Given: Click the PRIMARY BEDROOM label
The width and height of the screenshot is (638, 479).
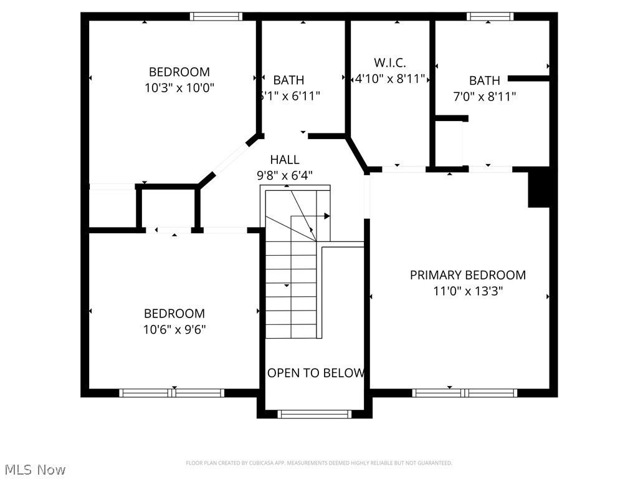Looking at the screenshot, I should tap(467, 275).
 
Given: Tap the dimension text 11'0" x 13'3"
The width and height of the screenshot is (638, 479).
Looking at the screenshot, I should tap(467, 291).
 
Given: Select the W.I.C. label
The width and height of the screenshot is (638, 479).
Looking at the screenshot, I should tap(390, 63).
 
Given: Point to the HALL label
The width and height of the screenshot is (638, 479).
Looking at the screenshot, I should tap(285, 160).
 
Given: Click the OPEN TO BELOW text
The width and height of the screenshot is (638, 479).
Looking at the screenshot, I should tap(316, 373).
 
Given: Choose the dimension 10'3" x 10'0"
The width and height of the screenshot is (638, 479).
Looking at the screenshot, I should tap(179, 88).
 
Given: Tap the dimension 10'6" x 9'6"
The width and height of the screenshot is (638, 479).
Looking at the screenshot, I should tap(174, 329).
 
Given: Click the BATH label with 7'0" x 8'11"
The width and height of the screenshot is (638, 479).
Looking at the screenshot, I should tap(484, 80).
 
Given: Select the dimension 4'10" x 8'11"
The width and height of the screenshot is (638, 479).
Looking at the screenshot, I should tap(390, 79).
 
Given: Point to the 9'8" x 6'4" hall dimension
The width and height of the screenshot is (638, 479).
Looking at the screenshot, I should tap(285, 175).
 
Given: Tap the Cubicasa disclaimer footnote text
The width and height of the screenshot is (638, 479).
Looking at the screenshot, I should tap(319, 463).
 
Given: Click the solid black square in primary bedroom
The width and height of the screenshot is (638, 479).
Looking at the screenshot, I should tap(539, 187).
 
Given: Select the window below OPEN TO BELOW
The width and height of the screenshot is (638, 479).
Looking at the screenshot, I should tap(314, 414).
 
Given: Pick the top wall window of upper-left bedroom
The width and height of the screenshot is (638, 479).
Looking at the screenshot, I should tap(216, 17).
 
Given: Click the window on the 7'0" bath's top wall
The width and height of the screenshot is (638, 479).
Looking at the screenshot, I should tap(490, 17).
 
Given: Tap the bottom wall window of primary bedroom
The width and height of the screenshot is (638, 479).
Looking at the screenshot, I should tap(464, 393).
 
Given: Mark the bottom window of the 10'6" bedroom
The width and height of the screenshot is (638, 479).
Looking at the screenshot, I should tap(171, 393).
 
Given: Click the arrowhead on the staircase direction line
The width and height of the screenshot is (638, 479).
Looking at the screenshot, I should tap(326, 216).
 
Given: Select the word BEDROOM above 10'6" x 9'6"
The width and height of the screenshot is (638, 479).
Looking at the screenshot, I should tap(174, 314).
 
